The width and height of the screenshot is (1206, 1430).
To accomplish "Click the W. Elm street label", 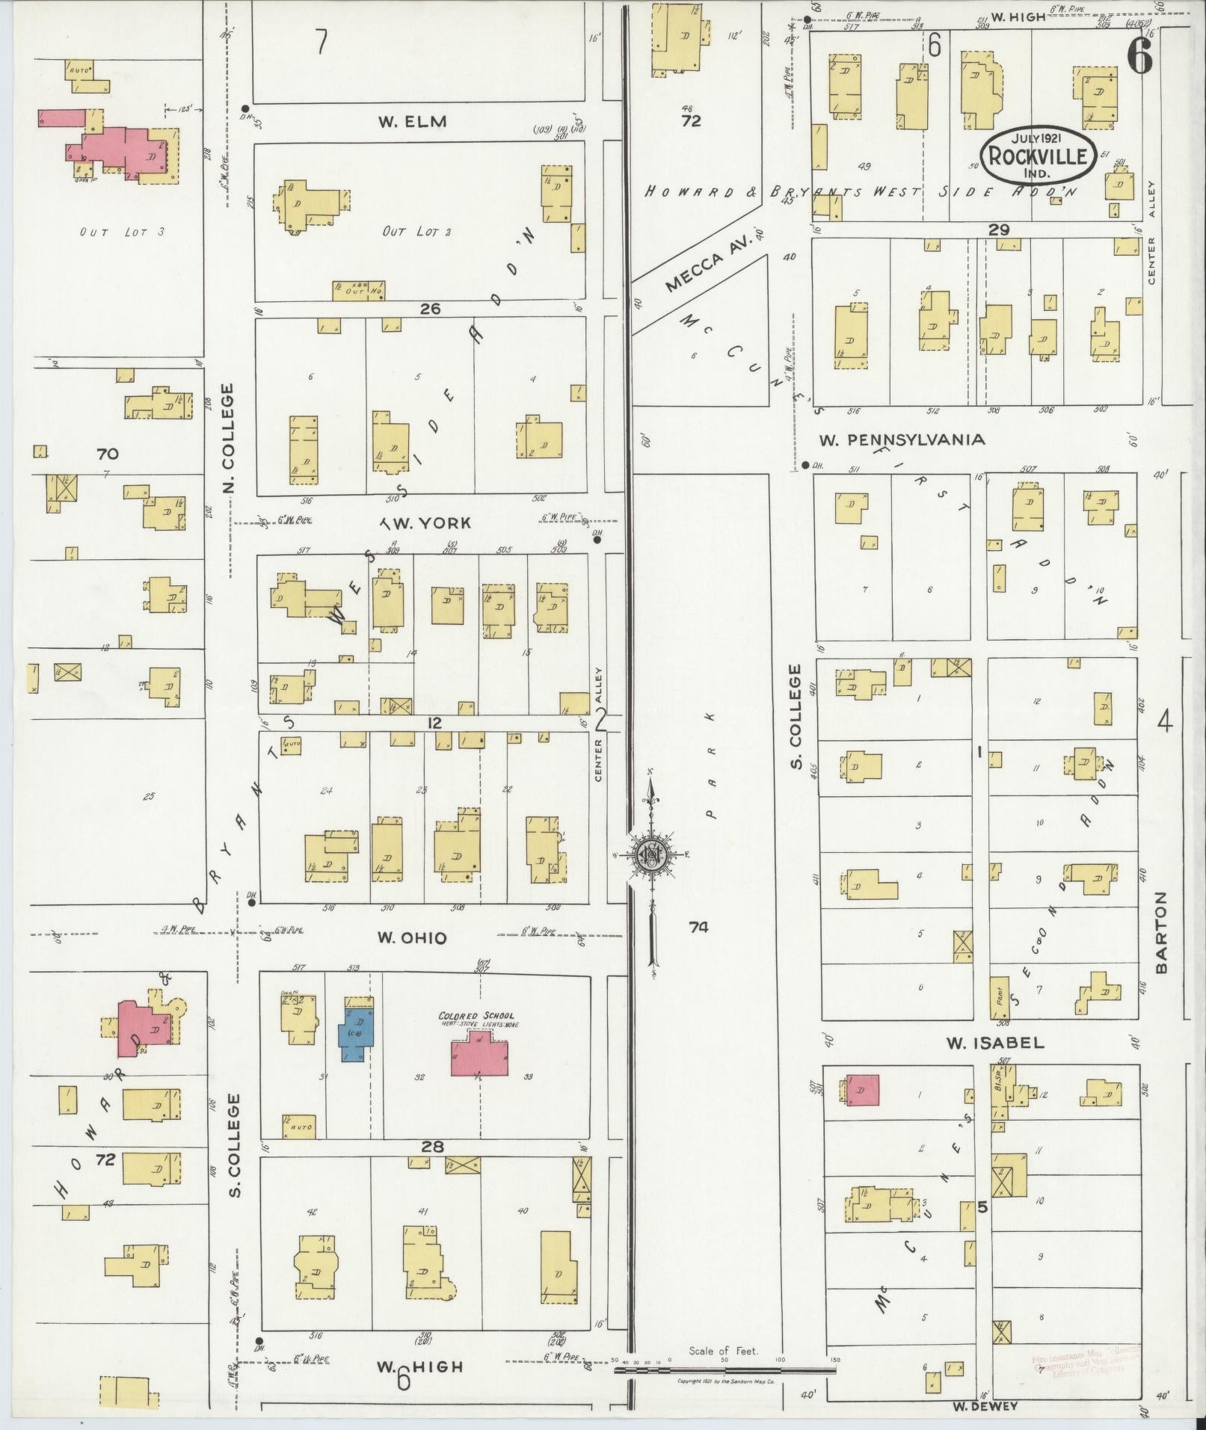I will click(412, 121).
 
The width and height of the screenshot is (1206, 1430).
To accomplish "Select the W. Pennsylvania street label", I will click(902, 440).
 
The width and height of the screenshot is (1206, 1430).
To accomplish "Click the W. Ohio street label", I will click(412, 938).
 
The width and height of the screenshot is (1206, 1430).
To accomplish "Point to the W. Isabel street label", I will click(994, 1043).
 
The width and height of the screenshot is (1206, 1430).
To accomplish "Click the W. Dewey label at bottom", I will click(985, 1406).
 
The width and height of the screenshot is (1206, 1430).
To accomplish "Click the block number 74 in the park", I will click(698, 927).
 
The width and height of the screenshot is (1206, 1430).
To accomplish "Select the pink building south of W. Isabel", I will click(862, 1090).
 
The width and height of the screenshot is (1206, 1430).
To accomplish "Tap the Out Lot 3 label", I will click(122, 232).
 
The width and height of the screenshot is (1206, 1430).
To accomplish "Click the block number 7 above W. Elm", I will click(321, 43).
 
